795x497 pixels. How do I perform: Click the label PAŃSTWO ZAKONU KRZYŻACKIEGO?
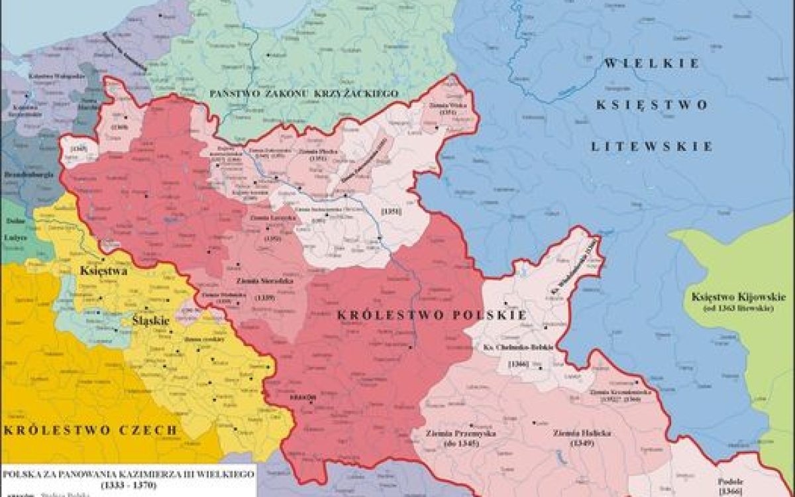pos(304,93)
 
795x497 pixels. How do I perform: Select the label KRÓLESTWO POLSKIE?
pos(432,315)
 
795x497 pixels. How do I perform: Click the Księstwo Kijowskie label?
pos(737,296)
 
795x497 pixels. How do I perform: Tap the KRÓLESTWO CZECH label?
pos(91,430)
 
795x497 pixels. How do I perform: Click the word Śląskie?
pos(152,319)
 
